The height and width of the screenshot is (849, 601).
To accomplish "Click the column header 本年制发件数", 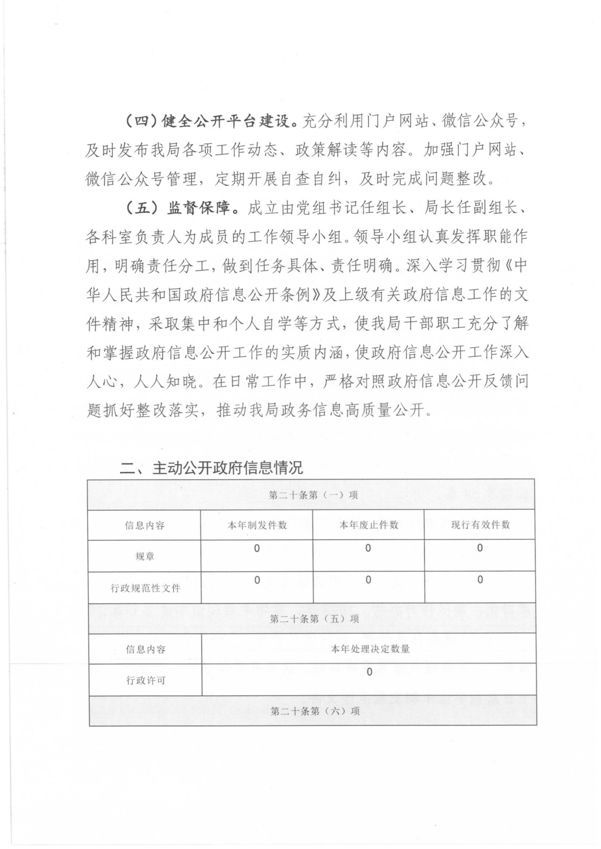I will [257, 525].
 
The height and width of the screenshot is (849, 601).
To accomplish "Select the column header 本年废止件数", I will [369, 525].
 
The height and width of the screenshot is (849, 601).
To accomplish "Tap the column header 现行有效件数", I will [480, 525].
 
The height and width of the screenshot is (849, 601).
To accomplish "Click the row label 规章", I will [145, 556].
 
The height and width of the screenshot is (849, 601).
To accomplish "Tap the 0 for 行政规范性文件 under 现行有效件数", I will [480, 580].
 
